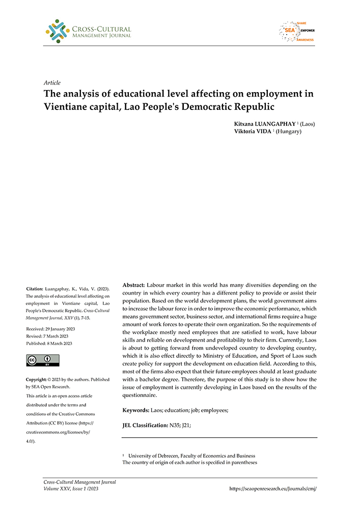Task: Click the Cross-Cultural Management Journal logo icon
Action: point(58,31)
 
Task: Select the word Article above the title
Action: point(52,82)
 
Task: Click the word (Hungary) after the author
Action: point(289,131)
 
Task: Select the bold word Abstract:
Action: point(134,285)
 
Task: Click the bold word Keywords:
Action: point(136,410)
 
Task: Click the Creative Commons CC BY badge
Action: point(43,361)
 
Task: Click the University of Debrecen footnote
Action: point(191,456)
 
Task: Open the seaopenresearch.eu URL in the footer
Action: point(273,488)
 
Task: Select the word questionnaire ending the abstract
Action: point(144,395)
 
